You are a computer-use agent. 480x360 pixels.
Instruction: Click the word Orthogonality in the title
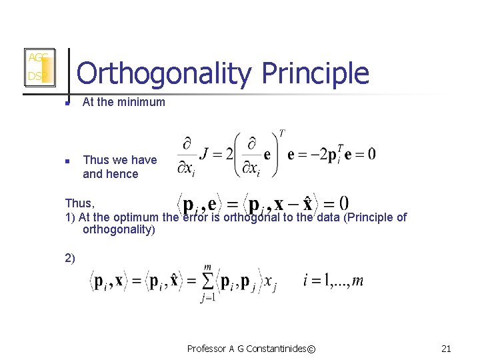point(163,74)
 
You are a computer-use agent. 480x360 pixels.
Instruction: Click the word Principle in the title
point(315,74)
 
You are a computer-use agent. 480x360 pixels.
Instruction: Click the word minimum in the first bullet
point(142,102)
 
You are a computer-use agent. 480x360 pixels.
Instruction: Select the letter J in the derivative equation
point(207,155)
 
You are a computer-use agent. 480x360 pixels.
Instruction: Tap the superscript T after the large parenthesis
point(282,133)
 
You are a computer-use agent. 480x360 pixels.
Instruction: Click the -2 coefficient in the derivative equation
point(312,155)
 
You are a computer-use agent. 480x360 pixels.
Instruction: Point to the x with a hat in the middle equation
point(307,203)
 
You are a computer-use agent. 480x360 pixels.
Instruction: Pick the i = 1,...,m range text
point(333,281)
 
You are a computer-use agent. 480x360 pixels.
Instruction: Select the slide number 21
point(446,348)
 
